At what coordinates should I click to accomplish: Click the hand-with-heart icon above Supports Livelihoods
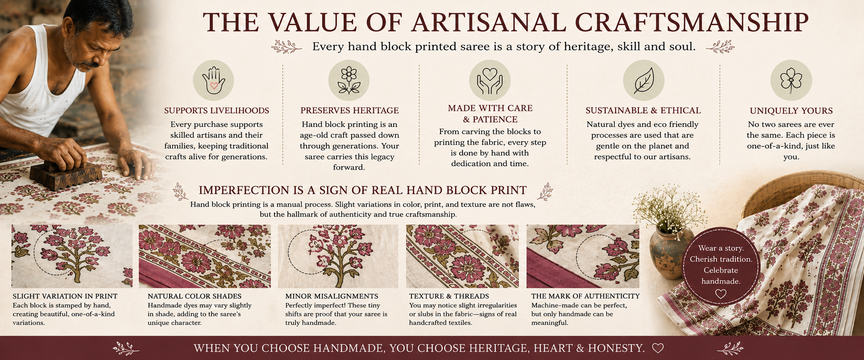(214, 81)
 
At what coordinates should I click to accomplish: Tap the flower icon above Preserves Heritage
(349, 81)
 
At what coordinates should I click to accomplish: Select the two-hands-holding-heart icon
(489, 81)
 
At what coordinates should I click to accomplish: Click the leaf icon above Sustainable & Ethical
(643, 81)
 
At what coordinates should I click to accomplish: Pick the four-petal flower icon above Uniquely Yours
(791, 81)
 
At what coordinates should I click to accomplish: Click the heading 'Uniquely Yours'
(791, 111)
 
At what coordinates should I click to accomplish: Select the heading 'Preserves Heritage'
(349, 110)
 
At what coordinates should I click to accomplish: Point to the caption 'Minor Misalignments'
(331, 296)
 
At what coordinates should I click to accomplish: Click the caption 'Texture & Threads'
(449, 296)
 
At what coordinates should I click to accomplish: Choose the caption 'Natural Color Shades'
(194, 296)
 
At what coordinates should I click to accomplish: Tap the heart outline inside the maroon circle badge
(721, 294)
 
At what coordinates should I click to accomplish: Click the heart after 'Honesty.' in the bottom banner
(658, 348)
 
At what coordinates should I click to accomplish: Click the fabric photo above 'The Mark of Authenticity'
(583, 256)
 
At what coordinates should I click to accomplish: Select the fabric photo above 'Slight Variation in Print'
(72, 256)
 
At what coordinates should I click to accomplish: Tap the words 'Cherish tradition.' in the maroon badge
(721, 259)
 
